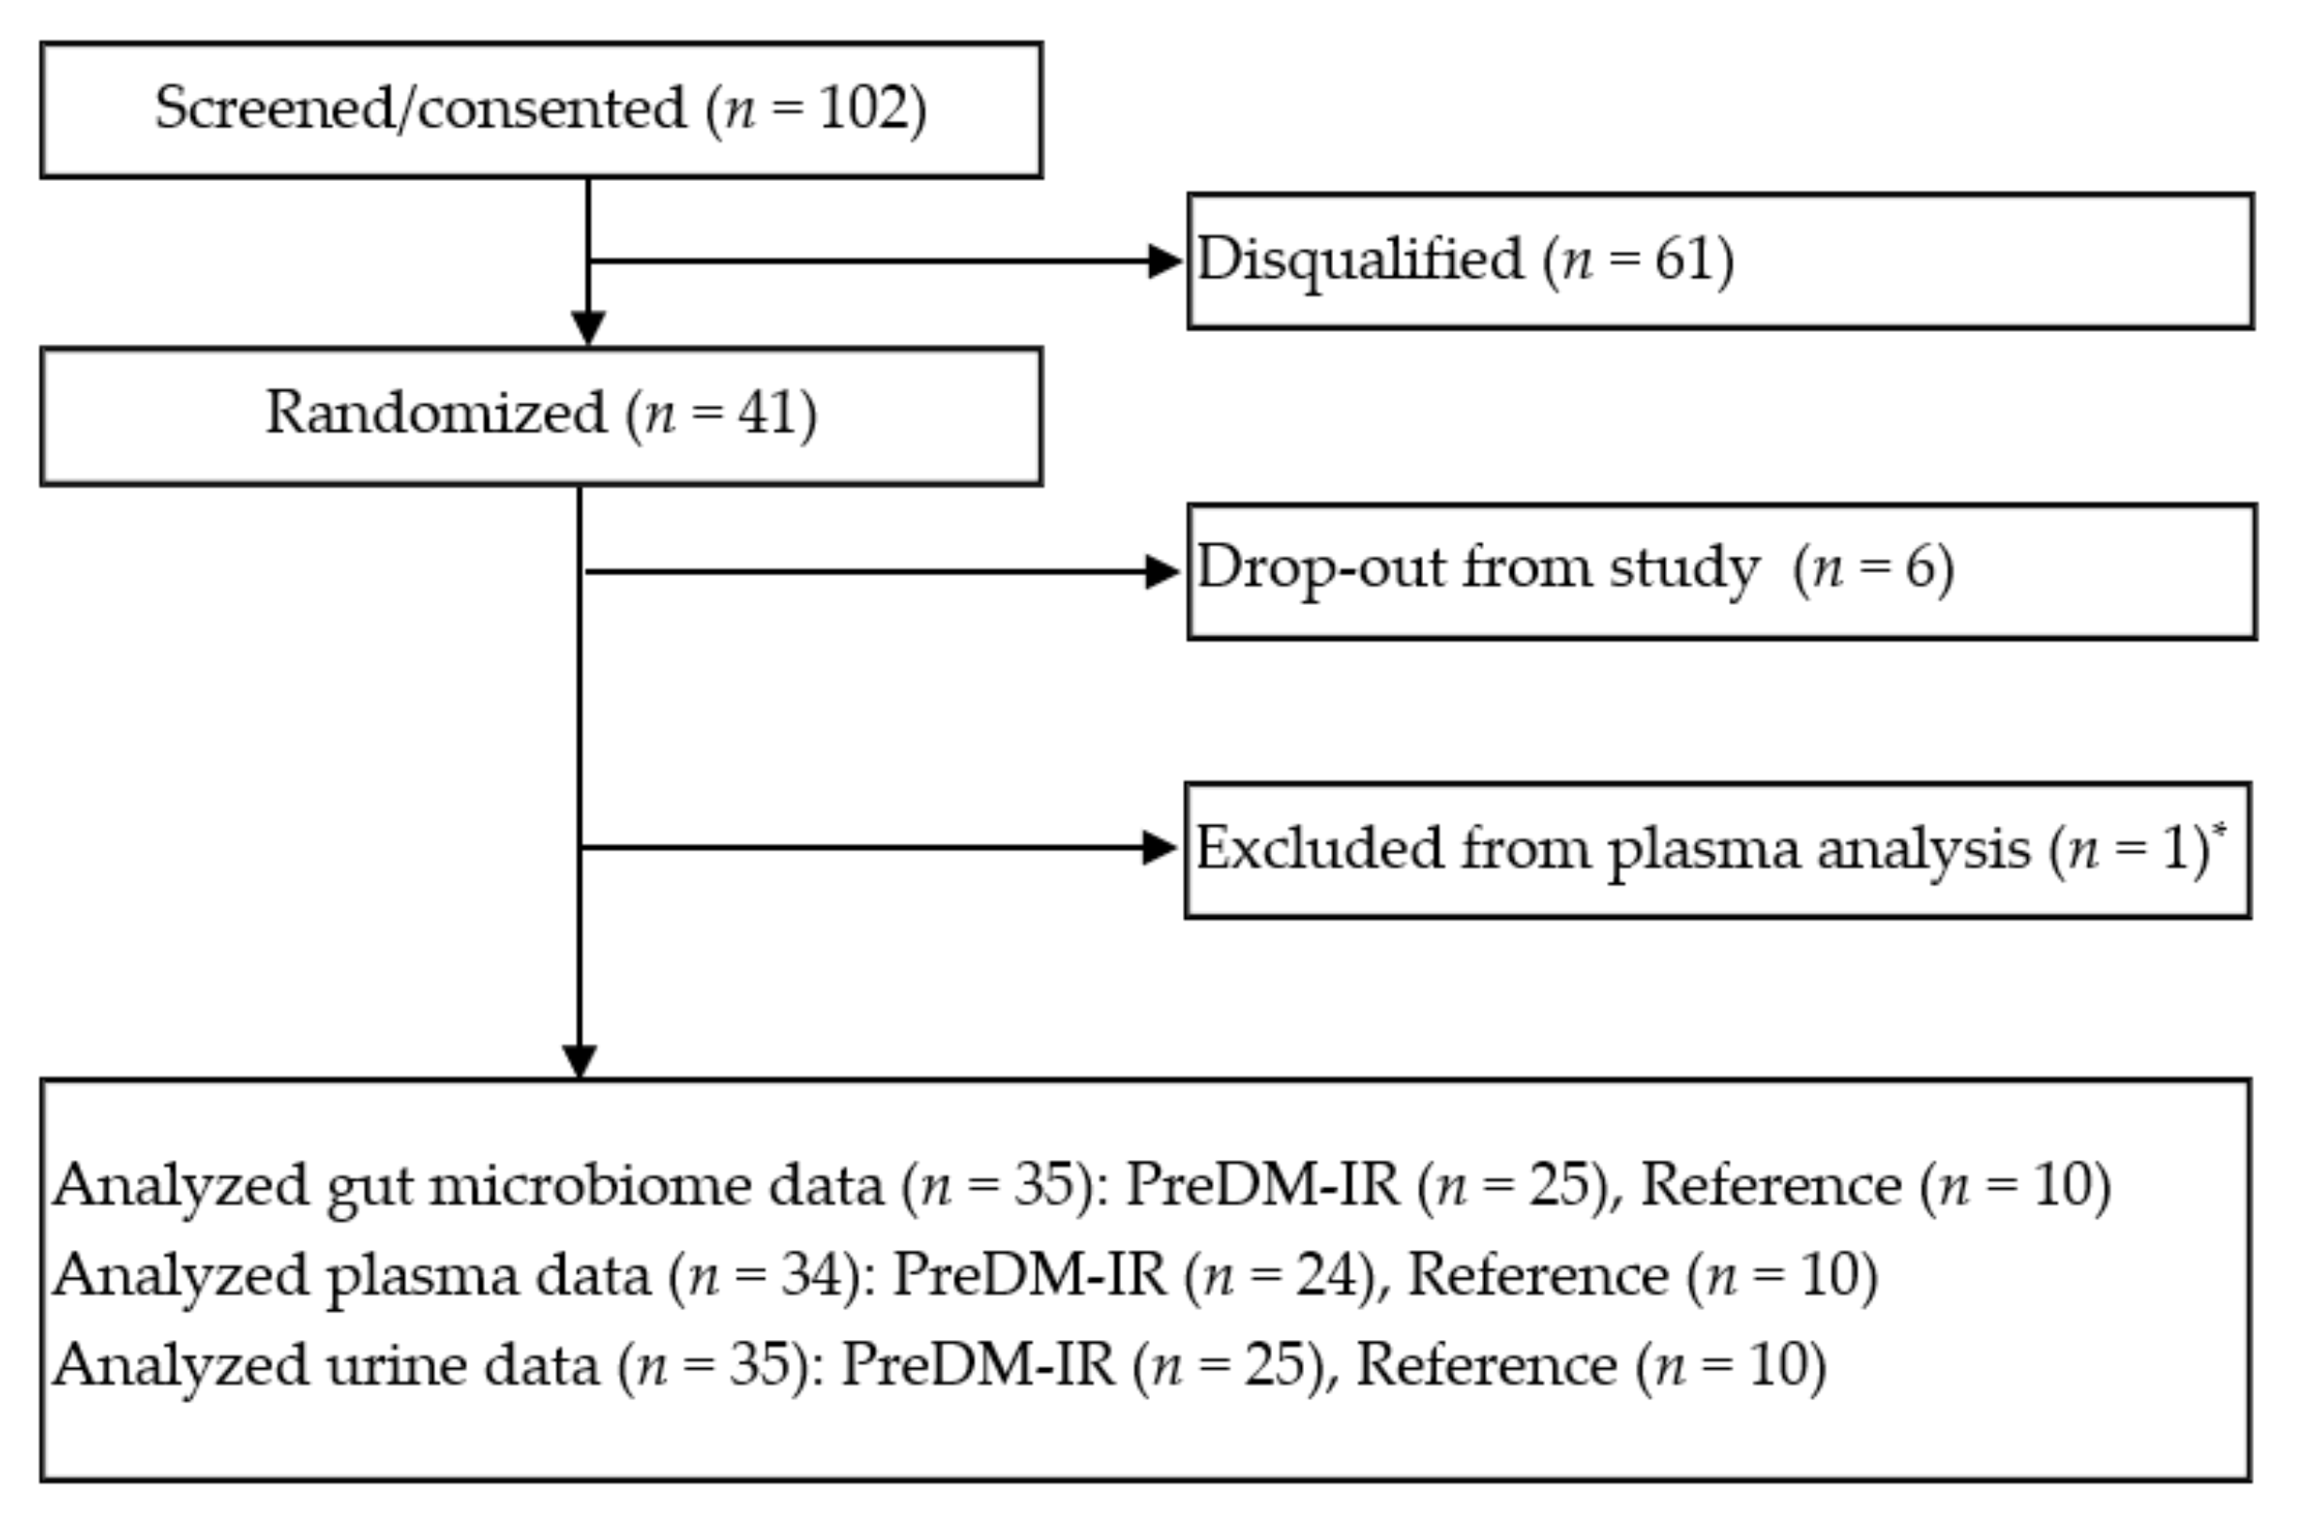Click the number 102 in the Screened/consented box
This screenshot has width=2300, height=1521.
864,109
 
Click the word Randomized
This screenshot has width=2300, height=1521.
435,414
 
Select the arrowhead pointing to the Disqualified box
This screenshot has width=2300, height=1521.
1163,261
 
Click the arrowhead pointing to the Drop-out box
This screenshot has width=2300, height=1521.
1161,571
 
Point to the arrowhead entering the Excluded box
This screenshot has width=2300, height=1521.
1159,848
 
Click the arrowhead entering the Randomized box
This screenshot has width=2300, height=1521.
588,328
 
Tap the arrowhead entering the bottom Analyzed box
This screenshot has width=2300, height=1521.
579,1062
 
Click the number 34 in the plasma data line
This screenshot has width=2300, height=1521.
810,1275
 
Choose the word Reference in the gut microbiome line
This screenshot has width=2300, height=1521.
1770,1185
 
